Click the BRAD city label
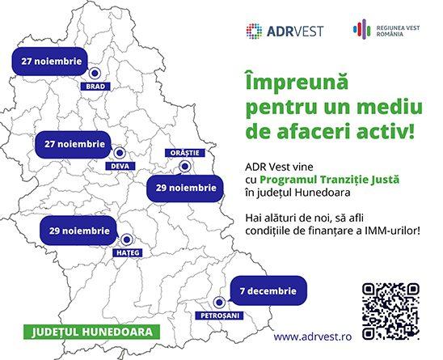(95, 87)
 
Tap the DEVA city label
(120, 166)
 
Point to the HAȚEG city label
(128, 252)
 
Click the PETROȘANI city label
(220, 316)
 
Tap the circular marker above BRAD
(95, 74)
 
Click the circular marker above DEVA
(120, 153)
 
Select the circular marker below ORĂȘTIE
(185, 167)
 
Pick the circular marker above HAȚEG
(127, 239)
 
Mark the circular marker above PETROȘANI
(219, 303)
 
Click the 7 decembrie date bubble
(268, 290)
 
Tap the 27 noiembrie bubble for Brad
(50, 61)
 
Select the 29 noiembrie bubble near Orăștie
(185, 188)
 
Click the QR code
(390, 311)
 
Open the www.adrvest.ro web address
(313, 337)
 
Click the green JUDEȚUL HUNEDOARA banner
(91, 332)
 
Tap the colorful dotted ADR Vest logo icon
(254, 31)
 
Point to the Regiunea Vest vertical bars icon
(361, 28)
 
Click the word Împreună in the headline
(297, 83)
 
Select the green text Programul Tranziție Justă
(330, 180)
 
